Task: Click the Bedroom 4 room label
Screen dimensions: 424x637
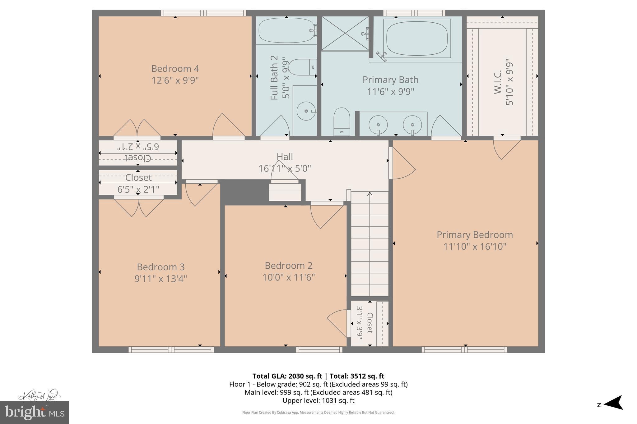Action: coord(175,69)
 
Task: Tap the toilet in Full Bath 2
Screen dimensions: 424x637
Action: coord(302,67)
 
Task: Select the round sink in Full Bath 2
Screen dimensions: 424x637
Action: coord(306,111)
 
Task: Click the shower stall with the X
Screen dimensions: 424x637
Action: coord(345,33)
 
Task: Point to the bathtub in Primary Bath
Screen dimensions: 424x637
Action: coord(417,39)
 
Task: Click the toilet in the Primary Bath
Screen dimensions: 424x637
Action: coord(342,121)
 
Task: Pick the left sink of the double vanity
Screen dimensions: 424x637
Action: coord(378,125)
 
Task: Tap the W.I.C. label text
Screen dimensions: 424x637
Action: coord(498,82)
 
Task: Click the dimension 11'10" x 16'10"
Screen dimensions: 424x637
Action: coord(475,247)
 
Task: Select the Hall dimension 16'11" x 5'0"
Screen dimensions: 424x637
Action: coord(285,168)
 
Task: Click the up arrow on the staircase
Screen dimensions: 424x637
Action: coord(370,194)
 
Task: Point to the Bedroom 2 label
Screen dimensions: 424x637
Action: coord(288,266)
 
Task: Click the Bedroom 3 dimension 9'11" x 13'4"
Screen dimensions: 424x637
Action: coord(160,279)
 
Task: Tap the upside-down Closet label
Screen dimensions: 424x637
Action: coord(138,157)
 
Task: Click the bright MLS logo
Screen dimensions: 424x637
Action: coord(35,413)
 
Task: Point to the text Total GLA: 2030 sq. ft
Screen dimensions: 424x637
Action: coord(287,376)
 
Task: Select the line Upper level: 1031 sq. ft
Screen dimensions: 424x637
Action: coord(318,400)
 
